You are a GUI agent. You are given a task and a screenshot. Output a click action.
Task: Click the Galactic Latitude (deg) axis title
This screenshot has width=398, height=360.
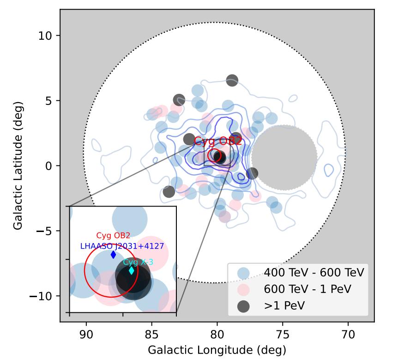[18, 166]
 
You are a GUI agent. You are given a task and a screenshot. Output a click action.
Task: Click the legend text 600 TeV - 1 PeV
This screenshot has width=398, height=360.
[308, 289]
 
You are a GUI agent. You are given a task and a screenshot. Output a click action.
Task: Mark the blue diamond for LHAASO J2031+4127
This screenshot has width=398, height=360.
[114, 255]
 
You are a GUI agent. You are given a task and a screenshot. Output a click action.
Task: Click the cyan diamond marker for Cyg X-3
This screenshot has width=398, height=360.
[131, 271]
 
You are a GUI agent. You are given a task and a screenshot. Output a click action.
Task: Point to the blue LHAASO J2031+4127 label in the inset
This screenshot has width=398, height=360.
[122, 246]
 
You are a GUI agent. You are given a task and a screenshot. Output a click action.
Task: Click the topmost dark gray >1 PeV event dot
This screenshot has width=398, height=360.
[232, 80]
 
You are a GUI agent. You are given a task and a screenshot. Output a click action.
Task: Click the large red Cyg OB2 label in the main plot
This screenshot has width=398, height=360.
[217, 141]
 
